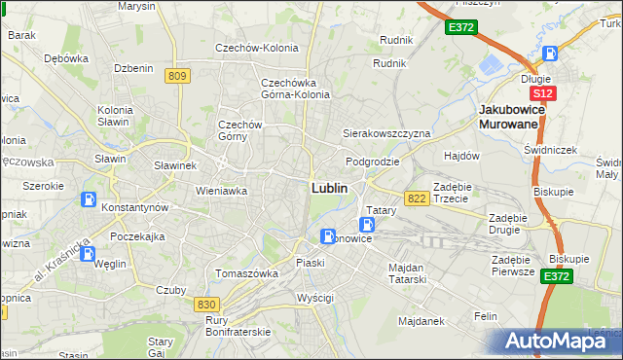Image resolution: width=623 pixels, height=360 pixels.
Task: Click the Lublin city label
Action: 331,187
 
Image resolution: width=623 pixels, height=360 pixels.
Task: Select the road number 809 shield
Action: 177,76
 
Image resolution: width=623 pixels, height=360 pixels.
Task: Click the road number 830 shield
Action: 206,305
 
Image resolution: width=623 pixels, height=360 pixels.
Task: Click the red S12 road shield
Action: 543,93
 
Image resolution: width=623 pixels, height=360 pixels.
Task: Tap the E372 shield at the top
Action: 461,28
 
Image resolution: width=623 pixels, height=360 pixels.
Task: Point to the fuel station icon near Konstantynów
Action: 90,200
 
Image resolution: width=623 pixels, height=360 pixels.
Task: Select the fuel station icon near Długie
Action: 551,55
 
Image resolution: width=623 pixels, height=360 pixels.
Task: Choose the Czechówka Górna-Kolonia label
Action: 296,89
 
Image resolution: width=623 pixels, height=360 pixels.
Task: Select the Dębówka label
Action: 66,57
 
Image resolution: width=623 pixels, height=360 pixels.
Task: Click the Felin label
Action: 486,316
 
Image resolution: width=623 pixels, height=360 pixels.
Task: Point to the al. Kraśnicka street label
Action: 60,263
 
